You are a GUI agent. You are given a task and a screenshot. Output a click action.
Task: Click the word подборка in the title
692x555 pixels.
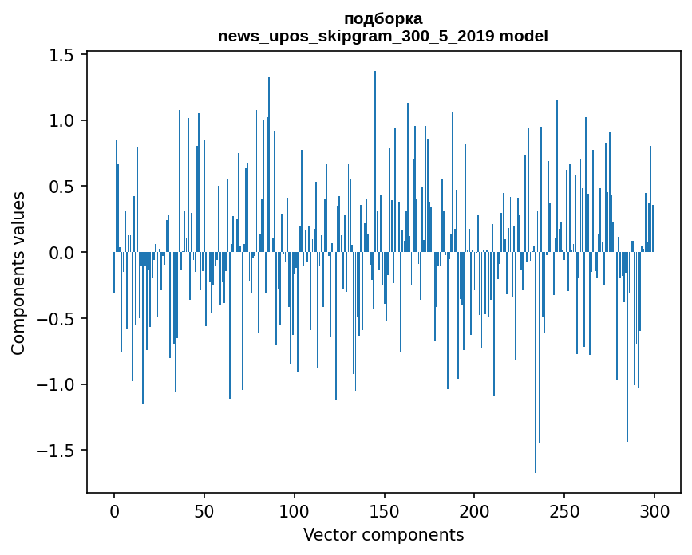(x=383, y=18)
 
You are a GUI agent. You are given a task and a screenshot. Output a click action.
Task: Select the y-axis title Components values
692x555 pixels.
(x=18, y=273)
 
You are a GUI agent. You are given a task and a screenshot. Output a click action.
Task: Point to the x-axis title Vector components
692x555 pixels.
(x=383, y=534)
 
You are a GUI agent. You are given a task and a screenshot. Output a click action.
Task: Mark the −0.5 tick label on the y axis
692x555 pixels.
(x=57, y=319)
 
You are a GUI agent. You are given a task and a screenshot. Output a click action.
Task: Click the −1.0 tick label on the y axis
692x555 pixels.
(x=57, y=384)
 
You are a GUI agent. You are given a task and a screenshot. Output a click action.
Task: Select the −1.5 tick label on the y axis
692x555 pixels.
(x=57, y=451)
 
